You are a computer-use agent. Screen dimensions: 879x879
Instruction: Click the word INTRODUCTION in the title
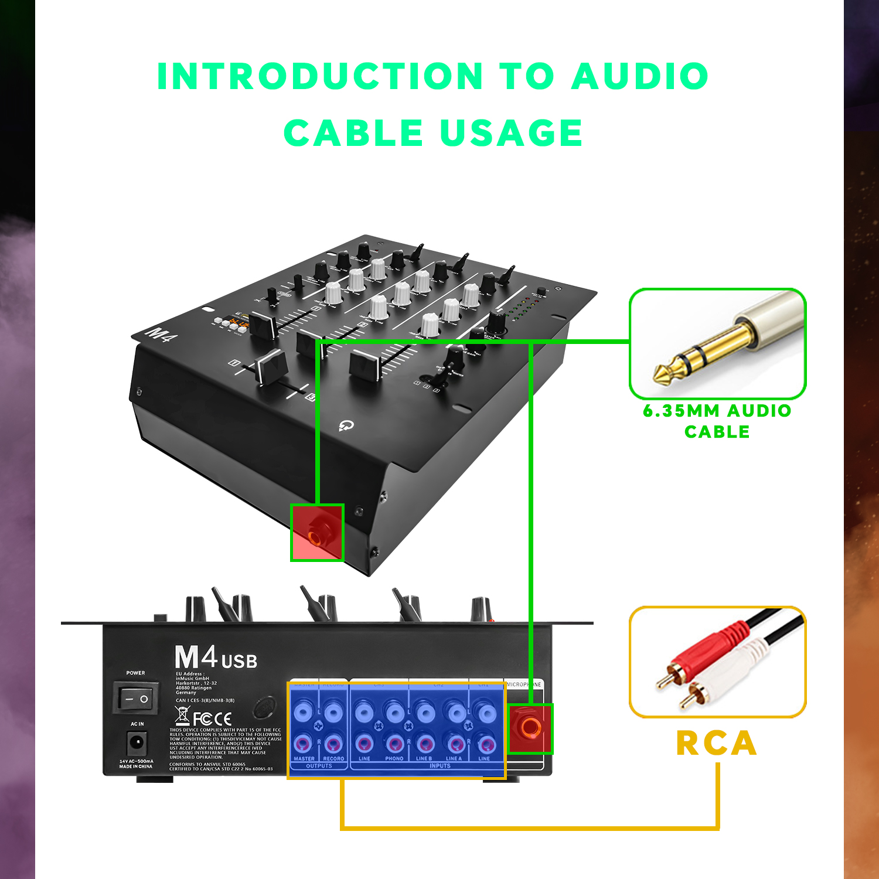coord(320,76)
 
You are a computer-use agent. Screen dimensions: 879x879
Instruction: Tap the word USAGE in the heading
coord(511,133)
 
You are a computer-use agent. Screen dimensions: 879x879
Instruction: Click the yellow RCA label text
coord(717,743)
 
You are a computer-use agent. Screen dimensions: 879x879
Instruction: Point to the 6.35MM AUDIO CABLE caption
coord(717,421)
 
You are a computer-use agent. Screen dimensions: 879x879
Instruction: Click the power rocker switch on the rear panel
coord(136,699)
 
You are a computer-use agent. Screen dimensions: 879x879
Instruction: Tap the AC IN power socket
coord(137,744)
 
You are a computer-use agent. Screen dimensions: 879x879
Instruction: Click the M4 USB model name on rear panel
coord(216,658)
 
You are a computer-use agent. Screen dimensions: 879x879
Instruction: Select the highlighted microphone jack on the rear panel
coord(530,728)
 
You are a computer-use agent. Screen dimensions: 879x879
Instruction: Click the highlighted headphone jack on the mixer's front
coord(316,533)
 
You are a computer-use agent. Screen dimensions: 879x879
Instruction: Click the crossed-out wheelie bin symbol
coord(182,716)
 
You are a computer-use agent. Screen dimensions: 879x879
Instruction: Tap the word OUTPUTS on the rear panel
coord(319,766)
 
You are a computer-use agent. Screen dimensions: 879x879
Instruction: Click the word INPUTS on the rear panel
coord(439,766)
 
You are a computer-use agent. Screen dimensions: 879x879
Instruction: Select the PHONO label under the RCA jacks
coord(394,758)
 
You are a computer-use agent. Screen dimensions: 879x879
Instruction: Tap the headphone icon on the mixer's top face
coord(346,425)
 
